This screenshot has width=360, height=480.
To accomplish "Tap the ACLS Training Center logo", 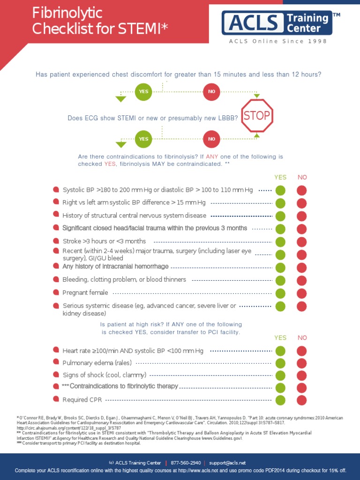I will (277, 23).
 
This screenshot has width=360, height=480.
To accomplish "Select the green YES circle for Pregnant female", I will (280, 293).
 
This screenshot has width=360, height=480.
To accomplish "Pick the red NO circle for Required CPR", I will (302, 400).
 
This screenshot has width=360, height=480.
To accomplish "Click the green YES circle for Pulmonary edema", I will (280, 363).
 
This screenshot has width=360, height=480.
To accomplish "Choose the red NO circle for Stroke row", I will (302, 242).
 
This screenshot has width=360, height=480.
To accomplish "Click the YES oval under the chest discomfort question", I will (143, 91).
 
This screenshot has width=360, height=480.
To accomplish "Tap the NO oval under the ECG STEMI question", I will (211, 139).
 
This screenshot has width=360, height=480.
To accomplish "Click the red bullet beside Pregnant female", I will (56, 292).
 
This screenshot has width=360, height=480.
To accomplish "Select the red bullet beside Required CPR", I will (56, 400).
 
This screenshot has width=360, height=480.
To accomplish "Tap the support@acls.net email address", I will (228, 463).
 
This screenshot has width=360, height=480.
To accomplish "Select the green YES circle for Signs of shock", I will (280, 375).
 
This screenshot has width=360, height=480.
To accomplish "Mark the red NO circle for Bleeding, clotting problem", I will (302, 280).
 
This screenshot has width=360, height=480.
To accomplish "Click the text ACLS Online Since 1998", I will (278, 41).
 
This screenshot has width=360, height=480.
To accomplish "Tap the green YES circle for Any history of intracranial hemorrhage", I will (280, 268).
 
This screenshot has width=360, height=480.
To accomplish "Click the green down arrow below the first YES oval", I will (121, 99).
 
